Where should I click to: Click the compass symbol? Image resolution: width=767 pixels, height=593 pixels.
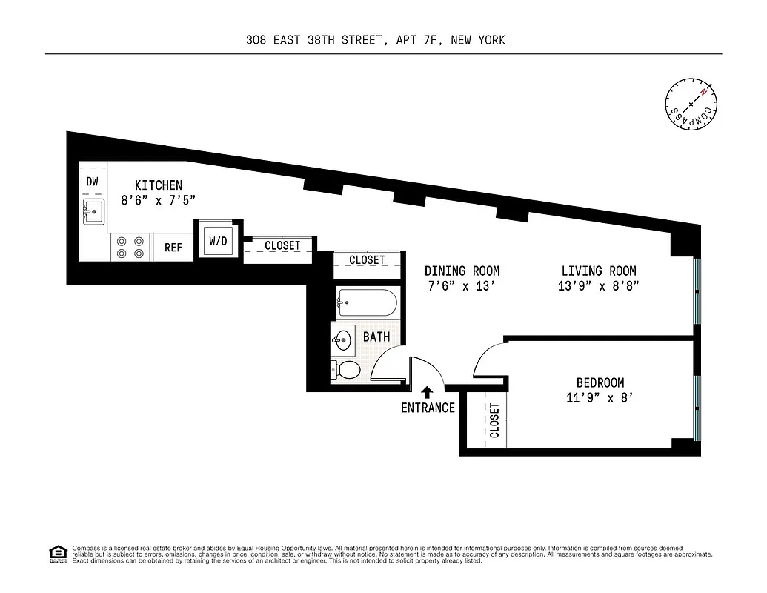pyautogui.click(x=691, y=102)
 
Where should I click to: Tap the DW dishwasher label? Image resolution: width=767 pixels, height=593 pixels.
pyautogui.click(x=93, y=182)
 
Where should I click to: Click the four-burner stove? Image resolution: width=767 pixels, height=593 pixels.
pyautogui.click(x=130, y=247)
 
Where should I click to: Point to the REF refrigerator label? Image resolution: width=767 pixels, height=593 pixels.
pyautogui.click(x=173, y=248)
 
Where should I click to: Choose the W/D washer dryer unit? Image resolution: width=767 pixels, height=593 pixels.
pyautogui.click(x=218, y=241)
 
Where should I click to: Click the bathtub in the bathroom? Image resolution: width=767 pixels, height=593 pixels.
pyautogui.click(x=366, y=302)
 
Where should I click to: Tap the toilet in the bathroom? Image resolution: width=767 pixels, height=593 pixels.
pyautogui.click(x=346, y=368)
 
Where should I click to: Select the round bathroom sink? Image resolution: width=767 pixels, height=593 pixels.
pyautogui.click(x=342, y=341)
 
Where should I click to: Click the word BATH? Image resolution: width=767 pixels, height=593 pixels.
pyautogui.click(x=376, y=337)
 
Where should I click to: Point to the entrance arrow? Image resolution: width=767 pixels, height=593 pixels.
pyautogui.click(x=427, y=391)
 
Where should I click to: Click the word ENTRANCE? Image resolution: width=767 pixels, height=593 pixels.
pyautogui.click(x=428, y=408)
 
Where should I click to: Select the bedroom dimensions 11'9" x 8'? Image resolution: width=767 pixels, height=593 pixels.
pyautogui.click(x=600, y=397)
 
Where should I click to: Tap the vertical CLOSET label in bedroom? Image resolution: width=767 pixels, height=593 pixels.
pyautogui.click(x=494, y=420)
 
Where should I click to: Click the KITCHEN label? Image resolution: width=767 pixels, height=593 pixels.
pyautogui.click(x=158, y=185)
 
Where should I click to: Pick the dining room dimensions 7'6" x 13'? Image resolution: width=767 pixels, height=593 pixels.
pyautogui.click(x=462, y=286)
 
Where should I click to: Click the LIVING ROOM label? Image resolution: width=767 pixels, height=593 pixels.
pyautogui.click(x=598, y=271)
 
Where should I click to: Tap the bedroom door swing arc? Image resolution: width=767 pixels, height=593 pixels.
pyautogui.click(x=485, y=359)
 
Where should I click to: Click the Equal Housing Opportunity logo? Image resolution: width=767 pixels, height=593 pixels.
pyautogui.click(x=57, y=553)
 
